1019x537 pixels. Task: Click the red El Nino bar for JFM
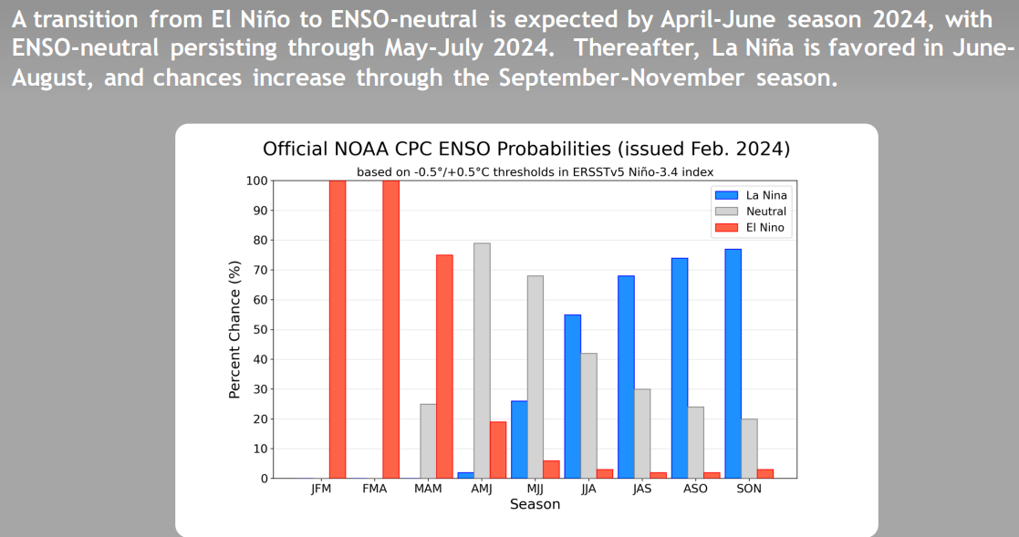click(338, 329)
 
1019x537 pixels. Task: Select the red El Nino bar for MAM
click(444, 367)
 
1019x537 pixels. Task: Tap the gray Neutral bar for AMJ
click(483, 361)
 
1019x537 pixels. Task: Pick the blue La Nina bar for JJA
click(573, 397)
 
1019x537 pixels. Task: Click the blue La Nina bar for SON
click(733, 364)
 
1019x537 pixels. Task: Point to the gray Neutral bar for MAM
click(428, 441)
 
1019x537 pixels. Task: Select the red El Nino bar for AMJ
click(498, 450)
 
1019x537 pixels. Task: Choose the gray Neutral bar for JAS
click(642, 434)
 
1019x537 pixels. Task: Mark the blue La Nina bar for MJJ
click(519, 439)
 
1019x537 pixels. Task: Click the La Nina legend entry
click(751, 195)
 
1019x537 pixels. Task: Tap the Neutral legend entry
click(751, 211)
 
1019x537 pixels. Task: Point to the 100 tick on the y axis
click(256, 181)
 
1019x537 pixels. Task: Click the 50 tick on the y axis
click(260, 330)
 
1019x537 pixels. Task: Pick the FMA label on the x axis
click(374, 489)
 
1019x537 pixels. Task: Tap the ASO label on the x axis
click(695, 489)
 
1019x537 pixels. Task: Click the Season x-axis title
click(535, 504)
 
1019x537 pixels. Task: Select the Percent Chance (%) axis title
click(234, 329)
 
